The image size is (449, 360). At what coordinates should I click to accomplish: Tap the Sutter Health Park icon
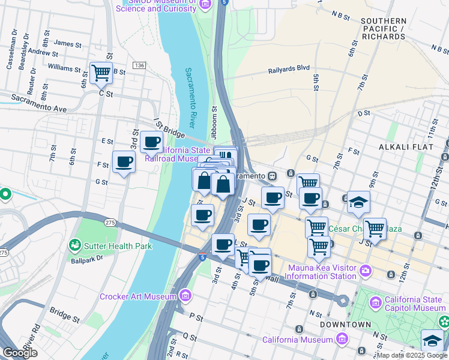tap(75, 245)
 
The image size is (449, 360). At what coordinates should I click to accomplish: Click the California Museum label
tap(297, 340)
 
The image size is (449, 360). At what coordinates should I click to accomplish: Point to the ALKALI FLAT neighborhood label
tap(402, 146)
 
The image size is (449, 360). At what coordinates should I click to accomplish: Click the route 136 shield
tap(139, 65)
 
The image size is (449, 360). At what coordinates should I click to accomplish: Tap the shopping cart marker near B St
tap(101, 73)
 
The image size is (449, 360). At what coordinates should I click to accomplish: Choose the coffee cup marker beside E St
tap(152, 142)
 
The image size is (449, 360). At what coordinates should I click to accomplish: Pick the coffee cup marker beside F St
tap(124, 161)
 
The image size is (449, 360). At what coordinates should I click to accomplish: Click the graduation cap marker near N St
tap(432, 340)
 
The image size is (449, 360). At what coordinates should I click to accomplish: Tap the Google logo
tap(20, 353)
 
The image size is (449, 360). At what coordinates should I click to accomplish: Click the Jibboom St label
tap(214, 121)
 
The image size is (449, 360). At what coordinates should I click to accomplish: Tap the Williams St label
tap(64, 68)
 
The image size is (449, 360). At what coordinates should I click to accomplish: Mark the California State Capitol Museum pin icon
tap(376, 300)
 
